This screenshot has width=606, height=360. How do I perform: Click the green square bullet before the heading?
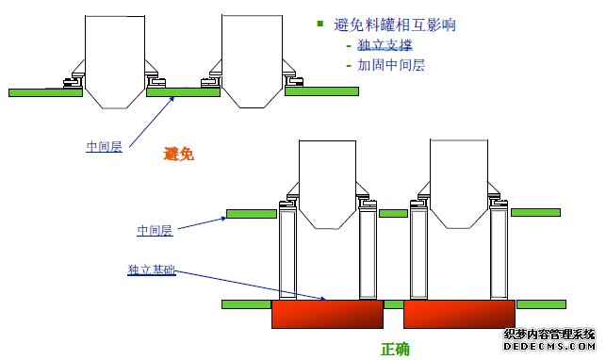pos(320,24)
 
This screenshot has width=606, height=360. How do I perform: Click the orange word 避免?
pos(178,153)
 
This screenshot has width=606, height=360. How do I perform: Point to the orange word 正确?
pos(395,349)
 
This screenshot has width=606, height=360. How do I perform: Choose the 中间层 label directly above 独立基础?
pos(155,230)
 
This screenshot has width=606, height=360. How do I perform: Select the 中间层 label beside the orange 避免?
pos(104,146)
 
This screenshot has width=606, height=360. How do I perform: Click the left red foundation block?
pos(327,314)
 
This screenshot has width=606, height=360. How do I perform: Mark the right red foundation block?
pos(459,314)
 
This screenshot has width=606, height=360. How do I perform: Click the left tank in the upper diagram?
pos(114,57)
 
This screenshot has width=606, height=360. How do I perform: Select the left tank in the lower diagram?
pos(326,188)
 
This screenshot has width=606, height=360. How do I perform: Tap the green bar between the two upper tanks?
pos(184,91)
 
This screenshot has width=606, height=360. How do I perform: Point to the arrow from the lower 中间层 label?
pos(201,222)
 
